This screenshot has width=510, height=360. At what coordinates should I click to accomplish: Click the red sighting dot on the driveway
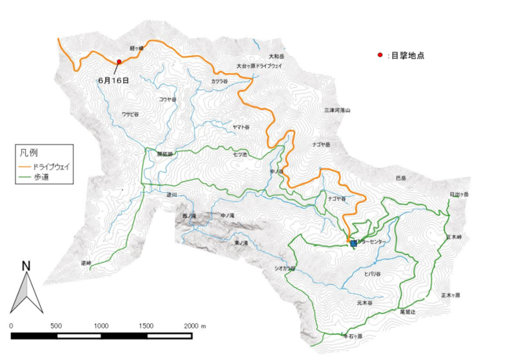pos(119,62)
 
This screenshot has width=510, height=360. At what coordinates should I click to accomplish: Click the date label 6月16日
pos(114,80)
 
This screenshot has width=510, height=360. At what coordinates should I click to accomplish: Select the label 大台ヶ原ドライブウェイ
pos(259,66)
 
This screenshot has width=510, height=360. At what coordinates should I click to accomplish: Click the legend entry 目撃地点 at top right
pos(406,56)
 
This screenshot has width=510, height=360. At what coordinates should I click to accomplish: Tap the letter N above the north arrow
pos(26,266)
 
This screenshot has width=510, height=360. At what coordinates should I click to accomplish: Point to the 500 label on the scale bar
pos(56,324)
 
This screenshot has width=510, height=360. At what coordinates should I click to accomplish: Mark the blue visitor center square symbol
pos(354,243)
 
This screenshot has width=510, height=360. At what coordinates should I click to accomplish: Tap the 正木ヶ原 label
pos(450,295)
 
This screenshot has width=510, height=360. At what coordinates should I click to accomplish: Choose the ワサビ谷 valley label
pos(130,115)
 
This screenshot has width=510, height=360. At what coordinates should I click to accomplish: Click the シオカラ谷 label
pos(285,268)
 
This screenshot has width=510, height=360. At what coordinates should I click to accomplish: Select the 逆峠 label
pos(86,263)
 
